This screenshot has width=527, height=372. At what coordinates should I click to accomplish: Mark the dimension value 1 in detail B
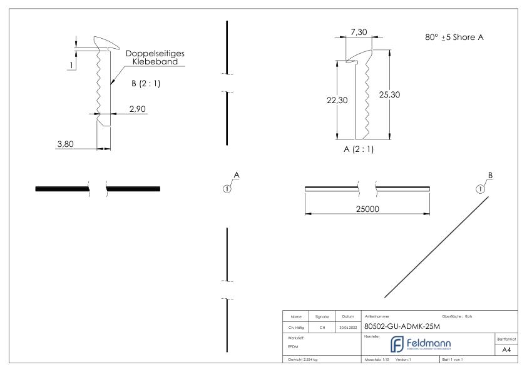72,66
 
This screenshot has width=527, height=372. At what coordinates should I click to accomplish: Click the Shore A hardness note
454,38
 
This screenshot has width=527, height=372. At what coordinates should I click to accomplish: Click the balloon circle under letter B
480,189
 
